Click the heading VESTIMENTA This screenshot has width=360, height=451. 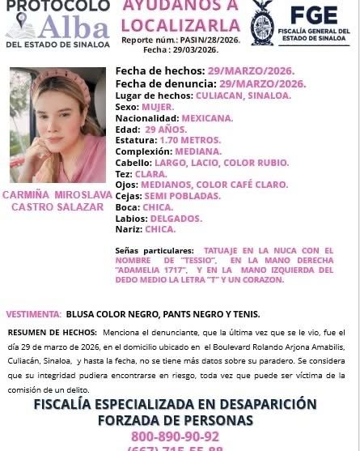click(34, 314)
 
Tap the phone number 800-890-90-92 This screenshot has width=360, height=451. click(179, 435)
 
